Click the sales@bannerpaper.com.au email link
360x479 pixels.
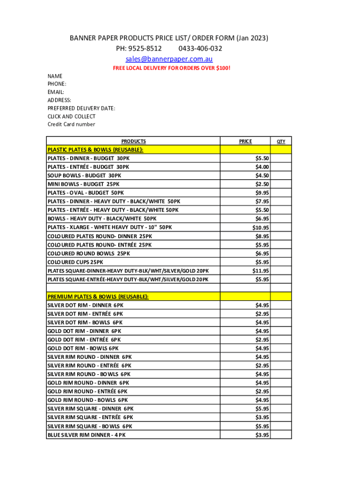tap(169, 59)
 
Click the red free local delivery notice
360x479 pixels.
tap(172, 68)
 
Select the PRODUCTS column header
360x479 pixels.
tap(133, 141)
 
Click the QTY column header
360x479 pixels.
tap(281, 141)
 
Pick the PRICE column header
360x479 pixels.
tap(245, 141)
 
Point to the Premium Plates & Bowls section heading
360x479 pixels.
tap(98, 297)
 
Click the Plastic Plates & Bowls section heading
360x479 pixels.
tap(95, 150)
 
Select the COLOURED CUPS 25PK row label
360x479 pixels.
tap(75, 262)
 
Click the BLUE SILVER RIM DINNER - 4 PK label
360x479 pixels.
tap(86, 435)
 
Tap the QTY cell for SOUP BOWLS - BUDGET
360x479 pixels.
tap(281, 176)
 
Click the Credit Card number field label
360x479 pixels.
tap(71, 124)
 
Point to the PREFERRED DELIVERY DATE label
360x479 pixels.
tap(81, 108)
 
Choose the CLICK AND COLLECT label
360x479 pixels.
tap(72, 116)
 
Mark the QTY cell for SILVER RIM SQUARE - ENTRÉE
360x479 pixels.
tap(281, 417)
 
